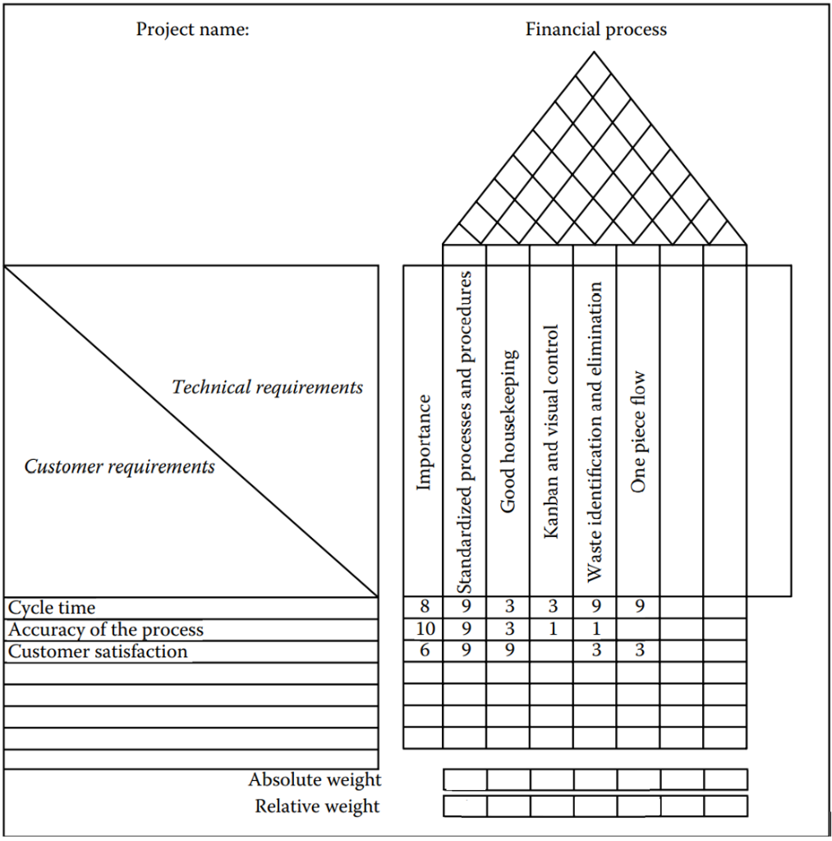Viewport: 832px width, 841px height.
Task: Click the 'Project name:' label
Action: (192, 30)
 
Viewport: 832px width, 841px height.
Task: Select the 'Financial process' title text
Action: (595, 30)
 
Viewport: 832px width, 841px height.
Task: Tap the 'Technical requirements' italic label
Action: (267, 387)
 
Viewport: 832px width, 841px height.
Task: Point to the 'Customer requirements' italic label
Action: (120, 466)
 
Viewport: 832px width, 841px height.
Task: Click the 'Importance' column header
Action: (424, 443)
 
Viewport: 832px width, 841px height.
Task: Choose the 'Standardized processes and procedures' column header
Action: (465, 432)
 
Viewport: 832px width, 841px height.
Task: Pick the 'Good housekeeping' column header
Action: (508, 432)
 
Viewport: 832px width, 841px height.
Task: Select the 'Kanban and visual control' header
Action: (551, 432)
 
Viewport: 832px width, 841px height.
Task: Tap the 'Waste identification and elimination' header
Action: (595, 432)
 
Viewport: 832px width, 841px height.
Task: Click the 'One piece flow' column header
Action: (638, 432)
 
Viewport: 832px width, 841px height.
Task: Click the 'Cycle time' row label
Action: (52, 608)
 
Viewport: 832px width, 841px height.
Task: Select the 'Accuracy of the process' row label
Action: (106, 630)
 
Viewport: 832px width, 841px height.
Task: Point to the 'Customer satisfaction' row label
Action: (98, 651)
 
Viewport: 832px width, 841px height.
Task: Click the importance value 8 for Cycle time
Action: (424, 608)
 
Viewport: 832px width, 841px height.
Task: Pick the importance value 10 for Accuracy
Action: (424, 630)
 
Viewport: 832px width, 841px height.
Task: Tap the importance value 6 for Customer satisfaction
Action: (424, 651)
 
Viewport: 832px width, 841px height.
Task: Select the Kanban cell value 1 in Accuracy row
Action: (551, 630)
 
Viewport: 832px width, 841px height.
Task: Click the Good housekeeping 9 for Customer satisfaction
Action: (508, 651)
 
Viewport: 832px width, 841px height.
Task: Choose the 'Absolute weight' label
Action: (315, 779)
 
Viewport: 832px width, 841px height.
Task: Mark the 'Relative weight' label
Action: (317, 806)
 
